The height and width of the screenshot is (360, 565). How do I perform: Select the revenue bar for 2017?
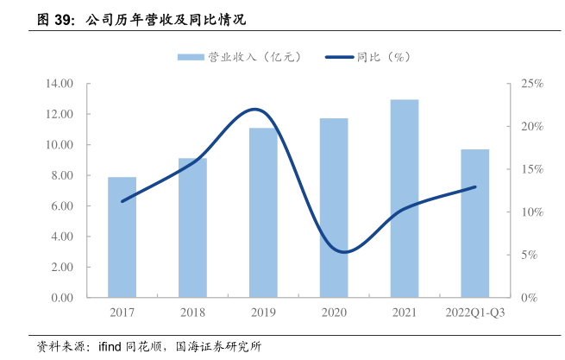coord(122,237)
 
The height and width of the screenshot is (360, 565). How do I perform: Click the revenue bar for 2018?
coord(192,228)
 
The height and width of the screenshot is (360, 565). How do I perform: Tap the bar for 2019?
coord(263,213)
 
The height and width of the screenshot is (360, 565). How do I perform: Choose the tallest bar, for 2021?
coord(404,199)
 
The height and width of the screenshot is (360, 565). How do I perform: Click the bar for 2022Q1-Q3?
coord(474,224)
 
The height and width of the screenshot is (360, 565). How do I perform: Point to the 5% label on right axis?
coord(528,255)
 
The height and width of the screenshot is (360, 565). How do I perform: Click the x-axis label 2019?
coord(263,313)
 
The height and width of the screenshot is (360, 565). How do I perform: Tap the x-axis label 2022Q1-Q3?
coord(474,313)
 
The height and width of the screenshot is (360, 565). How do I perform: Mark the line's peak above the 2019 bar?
coord(255,110)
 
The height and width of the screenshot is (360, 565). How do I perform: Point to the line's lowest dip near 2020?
coord(344,252)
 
